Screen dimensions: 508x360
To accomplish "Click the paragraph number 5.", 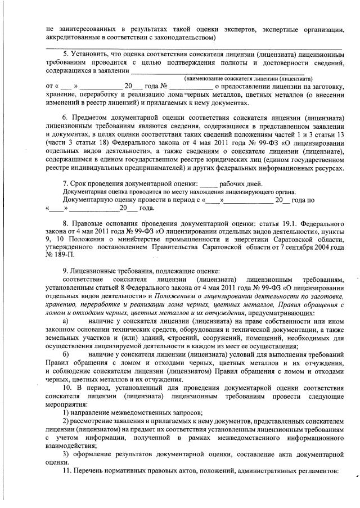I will (x=65, y=53).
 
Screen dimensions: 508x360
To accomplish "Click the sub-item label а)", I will (x=66, y=321).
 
